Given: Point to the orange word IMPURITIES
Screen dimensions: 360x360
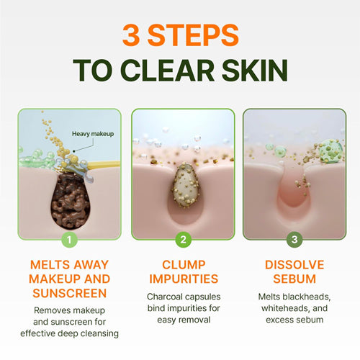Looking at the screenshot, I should tap(184, 278).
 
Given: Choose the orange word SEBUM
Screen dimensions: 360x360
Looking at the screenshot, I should tap(294, 278).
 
